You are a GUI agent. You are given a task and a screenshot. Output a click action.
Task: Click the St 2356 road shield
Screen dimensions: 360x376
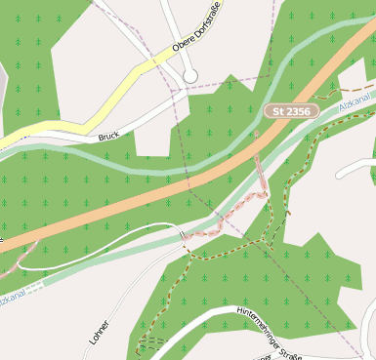click(x=292, y=112)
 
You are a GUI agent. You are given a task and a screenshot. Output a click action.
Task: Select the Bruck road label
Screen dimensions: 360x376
click(x=107, y=137)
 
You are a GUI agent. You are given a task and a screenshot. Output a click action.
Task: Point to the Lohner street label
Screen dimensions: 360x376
click(x=99, y=333)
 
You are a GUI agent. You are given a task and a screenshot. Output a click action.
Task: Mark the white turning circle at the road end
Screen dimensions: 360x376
click(x=190, y=75)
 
